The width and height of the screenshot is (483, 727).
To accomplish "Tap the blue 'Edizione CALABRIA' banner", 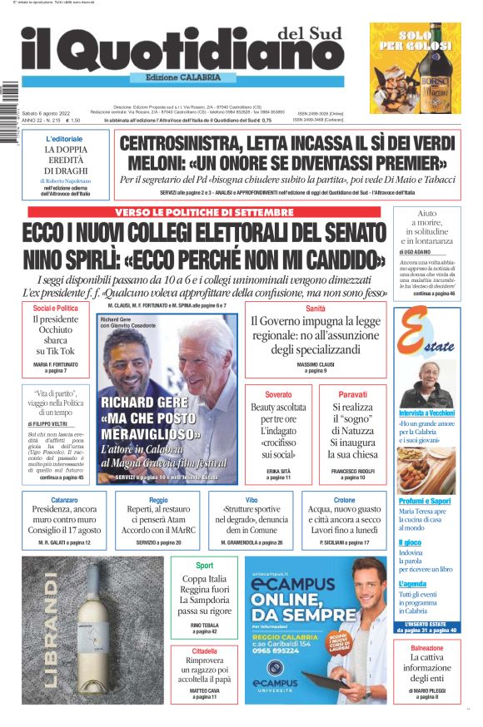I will point(177,77).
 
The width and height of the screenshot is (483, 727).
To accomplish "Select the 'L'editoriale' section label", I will point(64,138).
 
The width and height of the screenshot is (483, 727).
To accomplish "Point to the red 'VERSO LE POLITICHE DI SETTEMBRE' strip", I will point(204,212).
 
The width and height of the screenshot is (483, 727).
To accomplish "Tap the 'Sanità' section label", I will point(315,309).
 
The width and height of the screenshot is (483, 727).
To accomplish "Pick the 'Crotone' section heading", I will point(344,501).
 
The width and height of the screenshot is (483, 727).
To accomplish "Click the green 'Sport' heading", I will point(203,566).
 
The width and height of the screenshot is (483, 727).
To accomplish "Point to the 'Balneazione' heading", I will point(426,647).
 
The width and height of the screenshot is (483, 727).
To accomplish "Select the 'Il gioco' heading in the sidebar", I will point(410,542).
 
